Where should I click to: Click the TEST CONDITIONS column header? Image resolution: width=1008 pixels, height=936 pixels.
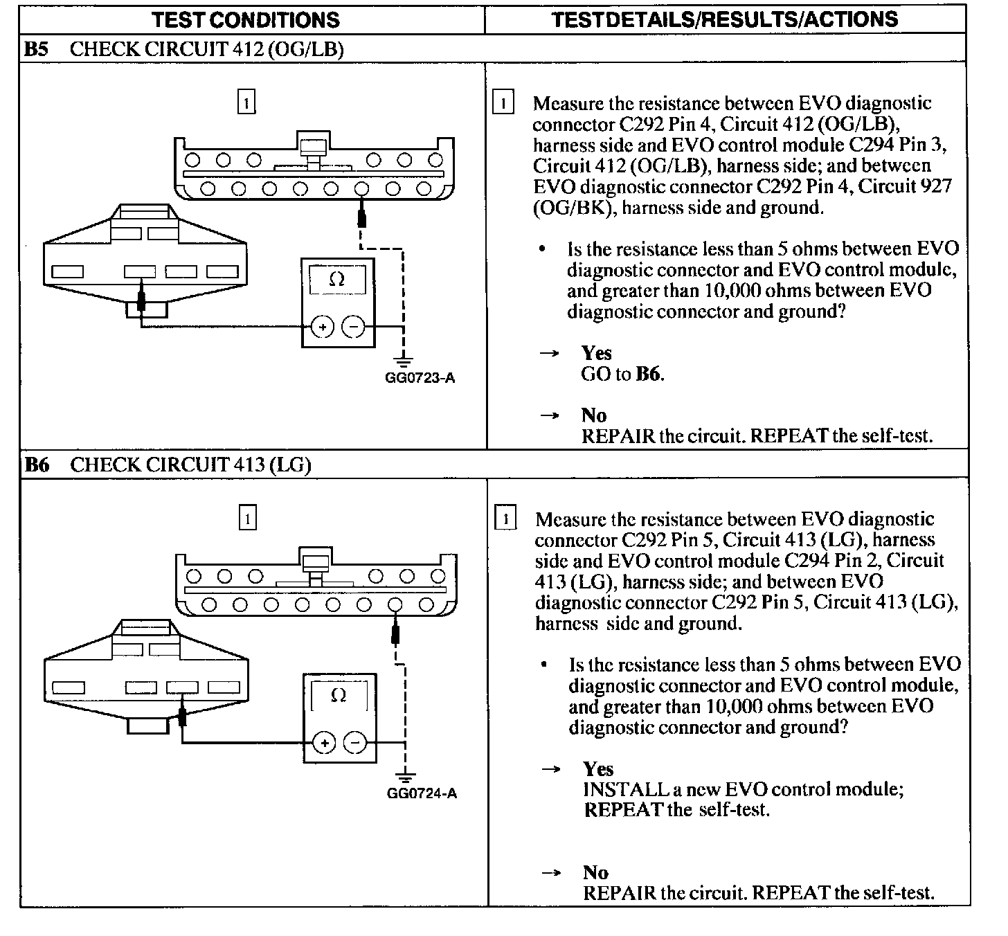coord(246,19)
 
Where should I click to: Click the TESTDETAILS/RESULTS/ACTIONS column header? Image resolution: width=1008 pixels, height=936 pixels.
coord(725,19)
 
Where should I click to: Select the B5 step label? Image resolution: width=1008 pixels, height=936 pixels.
coord(37,48)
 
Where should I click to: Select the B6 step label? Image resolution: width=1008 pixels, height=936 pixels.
coord(37,465)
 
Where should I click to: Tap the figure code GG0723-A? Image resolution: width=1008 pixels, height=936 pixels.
coord(420,378)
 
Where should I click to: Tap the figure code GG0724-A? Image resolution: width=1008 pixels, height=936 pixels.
coord(422,793)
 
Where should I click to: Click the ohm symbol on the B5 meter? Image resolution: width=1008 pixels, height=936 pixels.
coord(336,279)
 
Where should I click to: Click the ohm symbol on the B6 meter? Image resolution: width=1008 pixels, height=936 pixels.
coord(339,695)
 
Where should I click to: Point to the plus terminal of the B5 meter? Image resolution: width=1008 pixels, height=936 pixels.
coord(322,326)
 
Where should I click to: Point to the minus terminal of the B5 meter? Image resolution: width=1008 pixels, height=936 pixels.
coord(354,326)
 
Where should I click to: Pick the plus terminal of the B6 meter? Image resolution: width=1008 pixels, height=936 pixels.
coord(324,743)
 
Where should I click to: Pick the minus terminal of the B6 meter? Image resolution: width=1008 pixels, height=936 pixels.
coord(356,743)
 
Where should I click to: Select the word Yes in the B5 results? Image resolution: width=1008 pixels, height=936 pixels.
coord(596,353)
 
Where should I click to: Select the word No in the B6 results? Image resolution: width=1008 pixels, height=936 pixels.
coord(595,872)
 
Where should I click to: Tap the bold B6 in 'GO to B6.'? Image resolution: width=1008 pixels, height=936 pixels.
coord(649,375)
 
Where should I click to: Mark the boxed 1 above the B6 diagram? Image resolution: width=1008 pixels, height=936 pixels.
coord(247,518)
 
